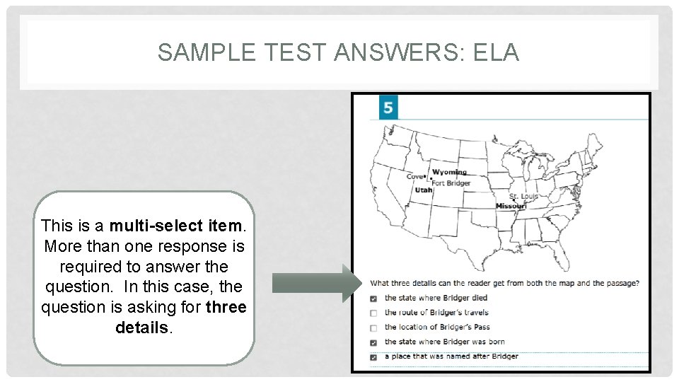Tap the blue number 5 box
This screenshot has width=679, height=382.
[x=388, y=108]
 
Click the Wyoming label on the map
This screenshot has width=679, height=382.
[x=450, y=172]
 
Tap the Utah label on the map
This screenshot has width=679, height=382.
[x=424, y=190]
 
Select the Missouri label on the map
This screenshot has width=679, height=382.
[x=511, y=206]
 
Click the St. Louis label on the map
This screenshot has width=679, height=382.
[x=524, y=196]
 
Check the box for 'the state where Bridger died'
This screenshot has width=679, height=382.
[x=373, y=299]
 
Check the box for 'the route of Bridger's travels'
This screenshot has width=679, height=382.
[x=373, y=313]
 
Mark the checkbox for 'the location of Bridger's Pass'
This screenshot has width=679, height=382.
[x=373, y=328]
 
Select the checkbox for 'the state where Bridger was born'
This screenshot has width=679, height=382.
[x=373, y=343]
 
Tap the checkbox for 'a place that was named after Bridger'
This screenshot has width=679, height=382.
[x=373, y=357]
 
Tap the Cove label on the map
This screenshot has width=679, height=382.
[x=414, y=177]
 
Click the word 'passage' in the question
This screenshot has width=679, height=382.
[x=622, y=283]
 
